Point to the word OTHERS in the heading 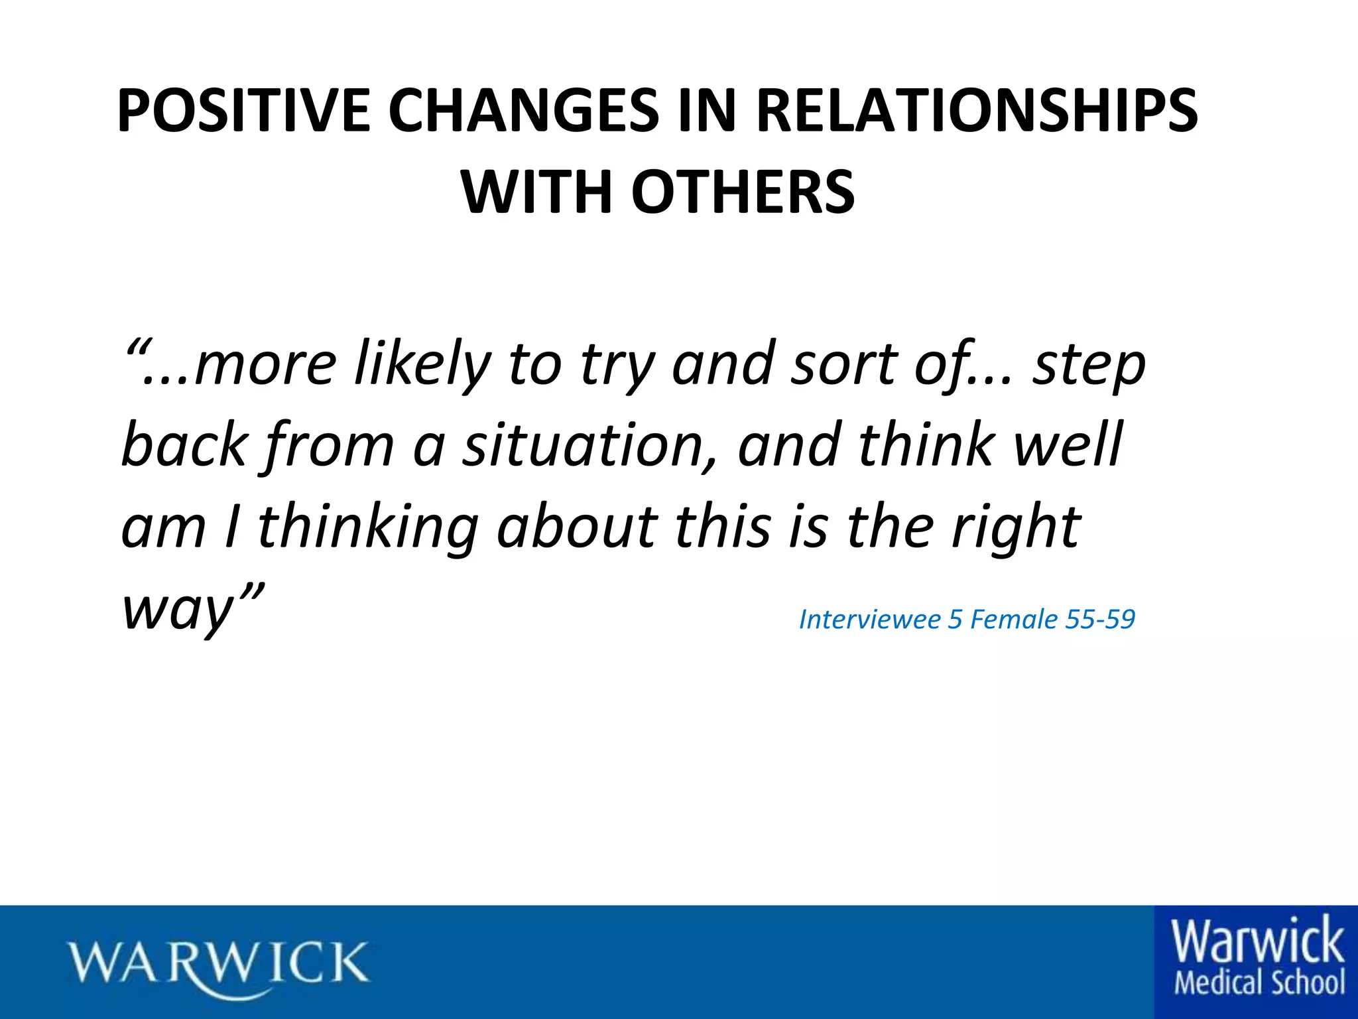(x=743, y=192)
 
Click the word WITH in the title (x=537, y=192)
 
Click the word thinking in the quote (x=367, y=528)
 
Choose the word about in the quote (x=577, y=527)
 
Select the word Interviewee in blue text (x=869, y=620)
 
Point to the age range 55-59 (x=1100, y=620)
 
